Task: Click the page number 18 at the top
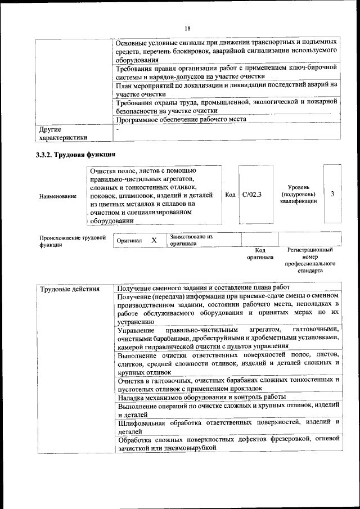[x=187, y=28]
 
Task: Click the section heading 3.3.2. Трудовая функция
[x=75, y=154]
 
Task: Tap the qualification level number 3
[x=333, y=194]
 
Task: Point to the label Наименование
[x=58, y=196]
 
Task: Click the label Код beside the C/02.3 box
[x=229, y=195]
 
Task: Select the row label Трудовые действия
[x=69, y=289]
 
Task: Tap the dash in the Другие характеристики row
[x=117, y=129]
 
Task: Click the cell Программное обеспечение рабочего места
[x=181, y=119]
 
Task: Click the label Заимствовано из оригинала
[x=190, y=241]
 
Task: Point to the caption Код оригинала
[x=260, y=254]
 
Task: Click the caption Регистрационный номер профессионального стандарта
[x=310, y=260]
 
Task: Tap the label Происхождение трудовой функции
[x=72, y=241]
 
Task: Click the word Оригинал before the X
[x=129, y=241]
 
